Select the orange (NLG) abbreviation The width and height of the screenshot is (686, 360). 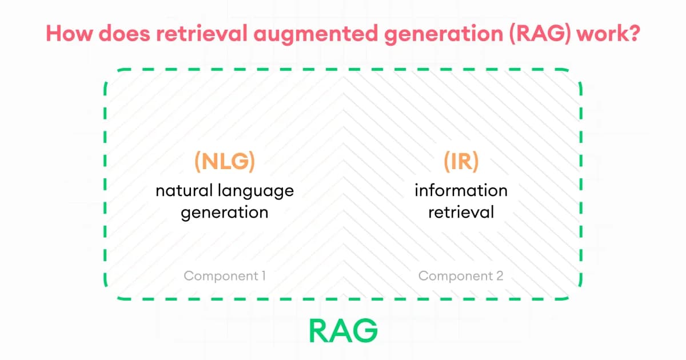pos(224,162)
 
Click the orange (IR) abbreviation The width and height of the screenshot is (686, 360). pos(461,162)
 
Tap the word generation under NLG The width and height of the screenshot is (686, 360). pos(224,213)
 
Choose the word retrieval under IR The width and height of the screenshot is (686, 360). pos(461,212)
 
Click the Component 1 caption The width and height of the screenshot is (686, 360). pos(224,277)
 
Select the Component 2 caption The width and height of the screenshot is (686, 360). pos(461,277)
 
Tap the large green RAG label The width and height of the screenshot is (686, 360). pos(343,330)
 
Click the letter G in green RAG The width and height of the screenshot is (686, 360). pos(366,330)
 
